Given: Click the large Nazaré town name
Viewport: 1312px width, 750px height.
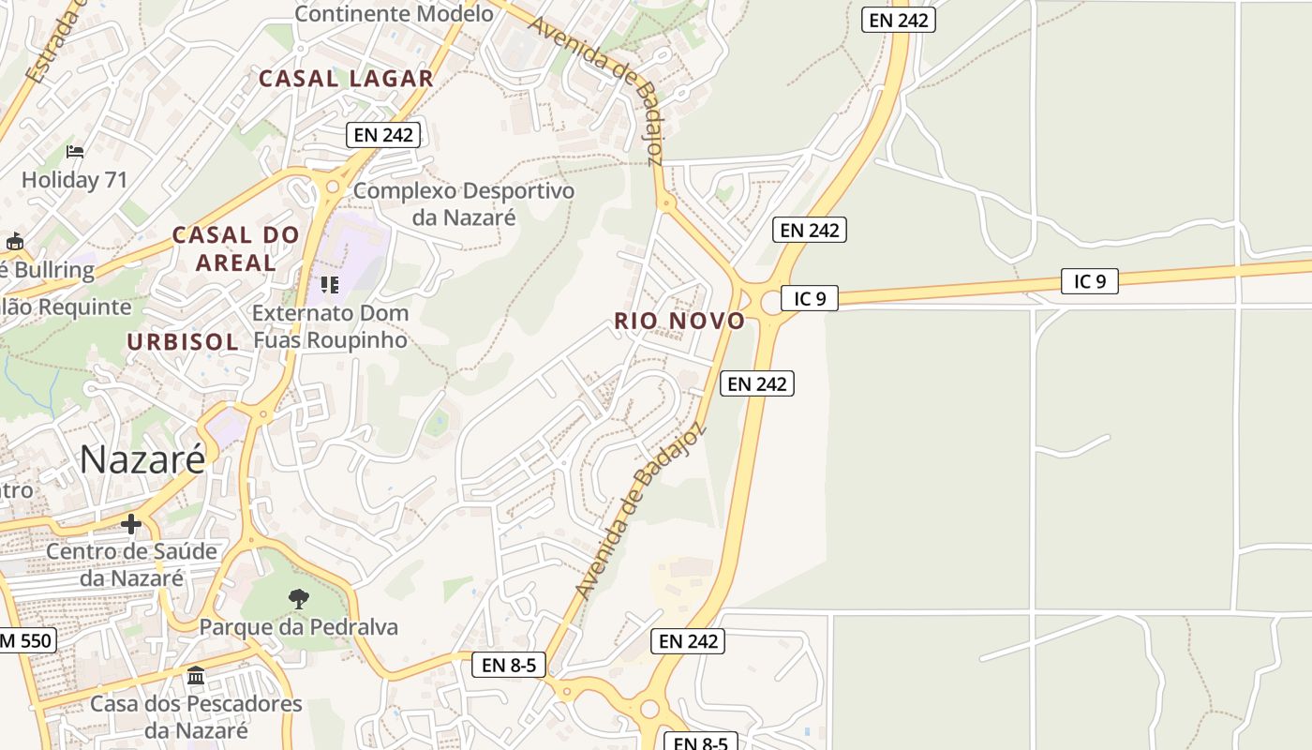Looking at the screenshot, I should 142,459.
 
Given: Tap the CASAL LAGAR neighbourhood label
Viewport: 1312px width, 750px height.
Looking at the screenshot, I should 346,79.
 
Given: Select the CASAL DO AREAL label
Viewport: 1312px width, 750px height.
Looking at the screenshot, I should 236,248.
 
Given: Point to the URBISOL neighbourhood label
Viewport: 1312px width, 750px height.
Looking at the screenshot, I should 183,342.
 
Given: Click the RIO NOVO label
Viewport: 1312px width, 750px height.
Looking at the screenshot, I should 679,321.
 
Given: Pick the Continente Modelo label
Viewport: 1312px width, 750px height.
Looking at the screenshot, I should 394,14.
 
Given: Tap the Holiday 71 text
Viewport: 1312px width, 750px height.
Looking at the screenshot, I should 75,179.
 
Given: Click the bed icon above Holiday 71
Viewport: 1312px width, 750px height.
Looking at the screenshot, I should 75,152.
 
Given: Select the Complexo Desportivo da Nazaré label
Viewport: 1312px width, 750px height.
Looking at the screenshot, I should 464,203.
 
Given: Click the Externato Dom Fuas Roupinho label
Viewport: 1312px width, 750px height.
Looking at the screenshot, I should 330,325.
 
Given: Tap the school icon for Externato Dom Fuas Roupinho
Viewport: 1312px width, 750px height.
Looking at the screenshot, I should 329,284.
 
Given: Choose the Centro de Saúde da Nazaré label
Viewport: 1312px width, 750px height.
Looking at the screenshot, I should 131,564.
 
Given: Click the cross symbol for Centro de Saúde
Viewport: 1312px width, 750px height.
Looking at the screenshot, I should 131,524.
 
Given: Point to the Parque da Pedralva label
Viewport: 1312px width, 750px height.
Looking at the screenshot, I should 298,627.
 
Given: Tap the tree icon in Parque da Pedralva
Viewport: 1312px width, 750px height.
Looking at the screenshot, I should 298,597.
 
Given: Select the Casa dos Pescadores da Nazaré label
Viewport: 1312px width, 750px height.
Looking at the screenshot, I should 196,716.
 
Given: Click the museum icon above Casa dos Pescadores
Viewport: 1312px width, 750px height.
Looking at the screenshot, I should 196,675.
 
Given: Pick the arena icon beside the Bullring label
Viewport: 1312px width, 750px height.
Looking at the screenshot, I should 14,242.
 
